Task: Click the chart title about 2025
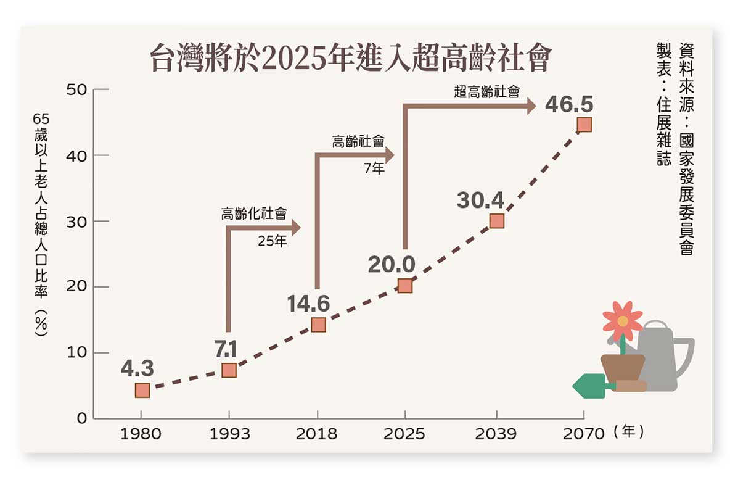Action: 350,59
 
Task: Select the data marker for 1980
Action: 142,390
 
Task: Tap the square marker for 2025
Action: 405,286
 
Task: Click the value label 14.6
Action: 308,304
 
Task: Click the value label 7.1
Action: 226,350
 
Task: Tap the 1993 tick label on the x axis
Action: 229,434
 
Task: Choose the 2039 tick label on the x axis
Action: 496,434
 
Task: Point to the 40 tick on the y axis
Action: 80,155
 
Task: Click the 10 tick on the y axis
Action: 80,353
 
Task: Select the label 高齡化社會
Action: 254,214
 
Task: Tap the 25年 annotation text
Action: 273,241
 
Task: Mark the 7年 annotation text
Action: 374,168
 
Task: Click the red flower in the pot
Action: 622,320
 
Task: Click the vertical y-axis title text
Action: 41,225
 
